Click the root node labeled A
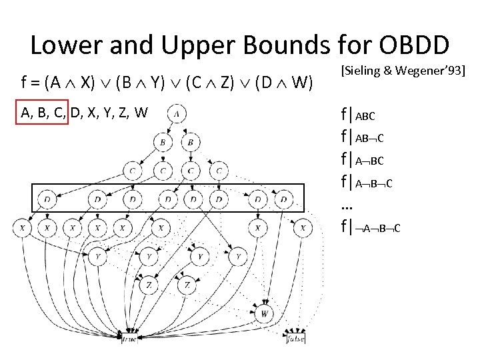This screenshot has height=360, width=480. point(177,113)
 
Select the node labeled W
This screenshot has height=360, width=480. point(265,313)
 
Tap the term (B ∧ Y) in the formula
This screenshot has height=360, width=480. point(139,83)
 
